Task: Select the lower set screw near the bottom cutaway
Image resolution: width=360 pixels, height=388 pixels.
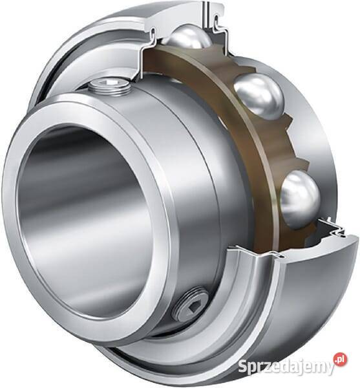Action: [190, 304]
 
